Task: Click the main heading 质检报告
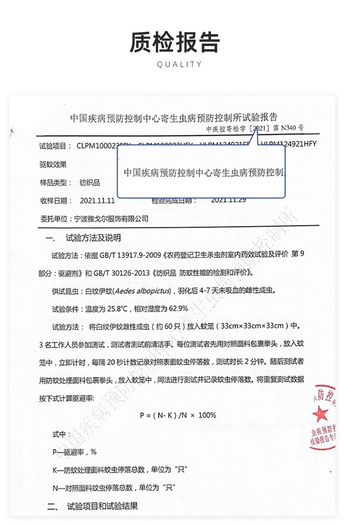175,42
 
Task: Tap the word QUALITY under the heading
179,65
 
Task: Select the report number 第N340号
288,129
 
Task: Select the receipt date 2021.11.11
97,201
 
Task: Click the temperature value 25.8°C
116,309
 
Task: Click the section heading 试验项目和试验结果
102,506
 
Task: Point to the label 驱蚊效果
53,164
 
